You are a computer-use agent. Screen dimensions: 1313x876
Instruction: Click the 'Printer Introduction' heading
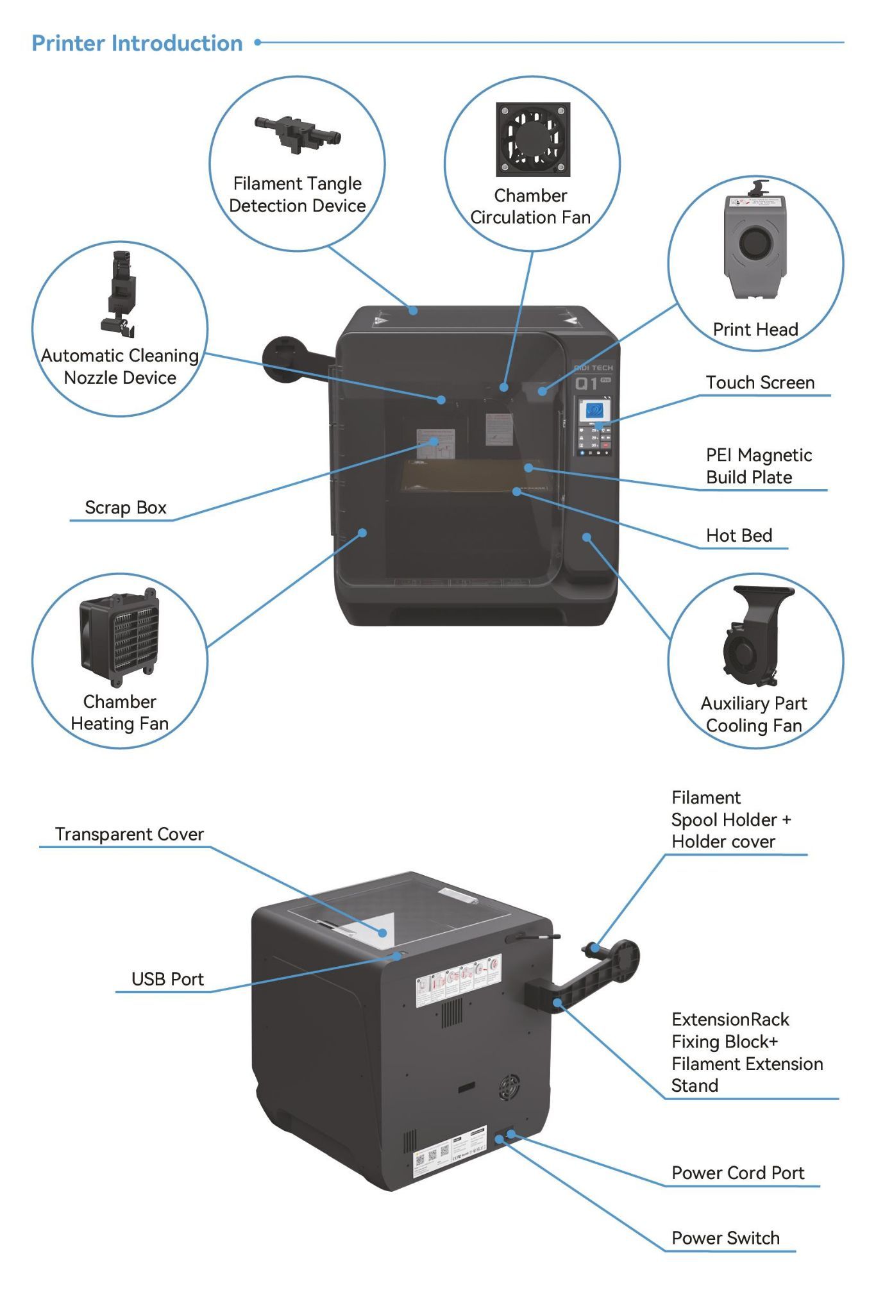[137, 43]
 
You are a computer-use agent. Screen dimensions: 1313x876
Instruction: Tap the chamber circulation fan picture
[532, 139]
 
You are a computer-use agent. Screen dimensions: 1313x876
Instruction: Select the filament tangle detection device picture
[298, 133]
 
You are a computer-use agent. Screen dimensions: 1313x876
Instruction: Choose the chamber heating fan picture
[119, 637]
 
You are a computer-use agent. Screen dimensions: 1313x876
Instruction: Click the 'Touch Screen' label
[760, 383]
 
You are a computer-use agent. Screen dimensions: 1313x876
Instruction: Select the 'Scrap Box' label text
[126, 508]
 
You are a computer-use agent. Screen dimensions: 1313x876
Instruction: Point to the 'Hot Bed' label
[739, 535]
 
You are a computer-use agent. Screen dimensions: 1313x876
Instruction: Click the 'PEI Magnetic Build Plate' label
[758, 466]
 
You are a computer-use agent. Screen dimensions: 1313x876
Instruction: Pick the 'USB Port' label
[167, 979]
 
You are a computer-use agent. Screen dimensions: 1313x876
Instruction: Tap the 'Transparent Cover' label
[130, 834]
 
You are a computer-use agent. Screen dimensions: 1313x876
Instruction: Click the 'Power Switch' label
[725, 1238]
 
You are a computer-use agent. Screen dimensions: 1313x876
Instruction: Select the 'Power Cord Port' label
[737, 1173]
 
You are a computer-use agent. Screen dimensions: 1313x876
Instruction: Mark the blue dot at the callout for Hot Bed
[516, 492]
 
